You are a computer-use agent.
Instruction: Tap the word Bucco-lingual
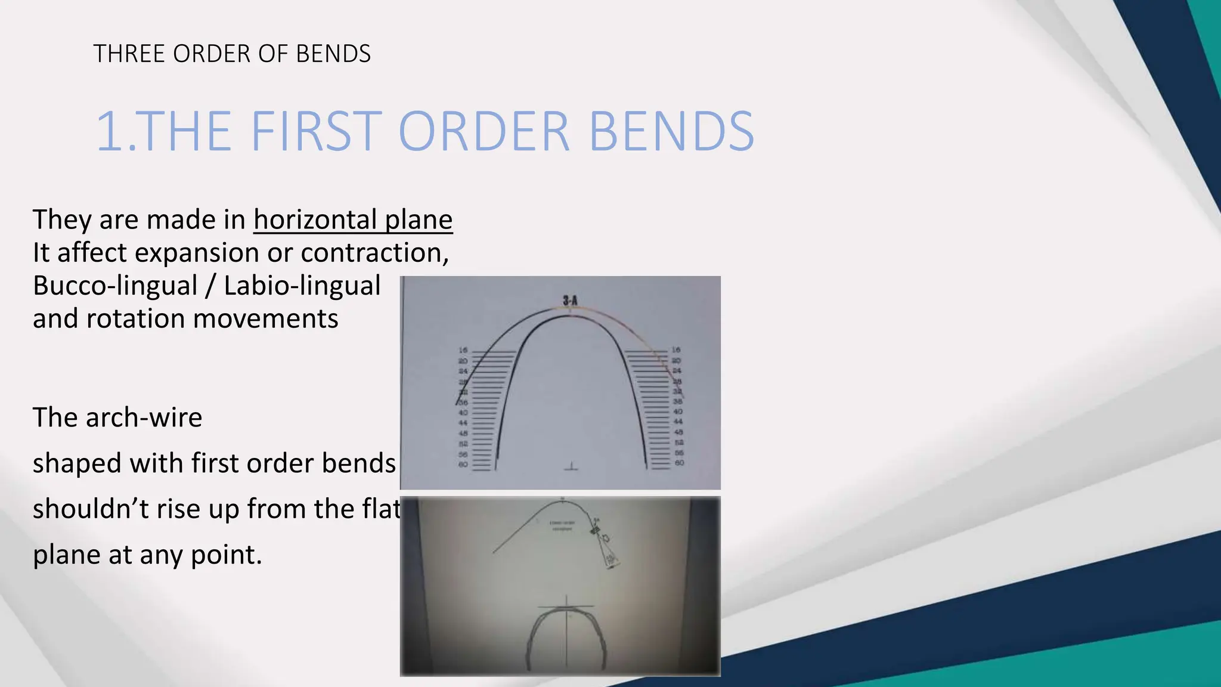coord(114,286)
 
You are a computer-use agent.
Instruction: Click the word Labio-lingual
coord(302,286)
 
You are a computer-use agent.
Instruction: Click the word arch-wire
coord(144,417)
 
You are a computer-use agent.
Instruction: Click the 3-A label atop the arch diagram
coord(570,300)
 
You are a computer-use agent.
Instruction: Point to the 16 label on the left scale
coord(463,350)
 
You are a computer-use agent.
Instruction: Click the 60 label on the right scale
coord(679,463)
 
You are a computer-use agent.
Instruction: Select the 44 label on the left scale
coord(463,423)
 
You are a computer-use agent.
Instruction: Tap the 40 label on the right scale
coord(678,411)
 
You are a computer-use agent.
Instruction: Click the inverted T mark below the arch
coord(572,466)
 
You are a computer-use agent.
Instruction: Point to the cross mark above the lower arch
coord(566,606)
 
